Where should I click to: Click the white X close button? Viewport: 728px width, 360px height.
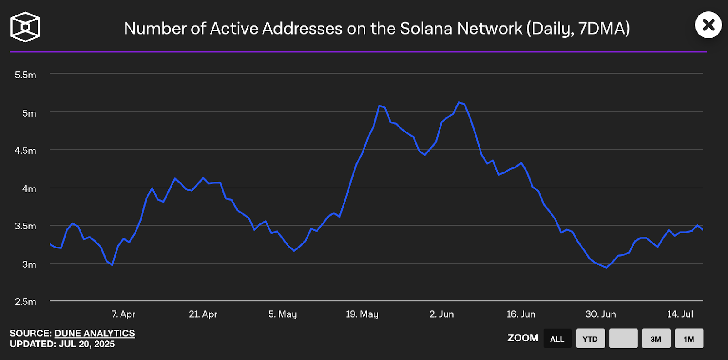708,25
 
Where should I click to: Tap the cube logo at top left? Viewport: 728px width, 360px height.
25,27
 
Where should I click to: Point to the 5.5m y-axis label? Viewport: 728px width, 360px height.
25,75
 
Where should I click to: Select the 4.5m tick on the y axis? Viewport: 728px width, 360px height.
25,151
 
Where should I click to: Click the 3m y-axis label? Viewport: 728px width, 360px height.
29,264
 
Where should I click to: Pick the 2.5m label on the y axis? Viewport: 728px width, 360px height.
25,302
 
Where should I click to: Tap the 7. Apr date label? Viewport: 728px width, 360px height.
123,314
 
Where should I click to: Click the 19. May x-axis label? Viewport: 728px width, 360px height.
362,314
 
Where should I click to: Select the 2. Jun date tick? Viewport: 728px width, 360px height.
441,314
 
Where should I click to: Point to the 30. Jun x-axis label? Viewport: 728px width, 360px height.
601,314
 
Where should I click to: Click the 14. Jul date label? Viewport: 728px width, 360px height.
680,314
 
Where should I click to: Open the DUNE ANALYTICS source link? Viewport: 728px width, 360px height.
95,333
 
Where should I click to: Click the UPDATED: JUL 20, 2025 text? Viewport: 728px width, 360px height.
62,344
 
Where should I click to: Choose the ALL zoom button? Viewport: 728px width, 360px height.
557,339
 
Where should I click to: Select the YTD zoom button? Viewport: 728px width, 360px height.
590,339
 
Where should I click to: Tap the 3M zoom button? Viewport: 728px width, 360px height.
656,339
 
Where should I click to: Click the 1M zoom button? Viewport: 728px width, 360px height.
689,339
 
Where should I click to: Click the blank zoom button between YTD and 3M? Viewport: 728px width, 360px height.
623,339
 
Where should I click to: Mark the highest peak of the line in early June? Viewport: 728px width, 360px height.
459,102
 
